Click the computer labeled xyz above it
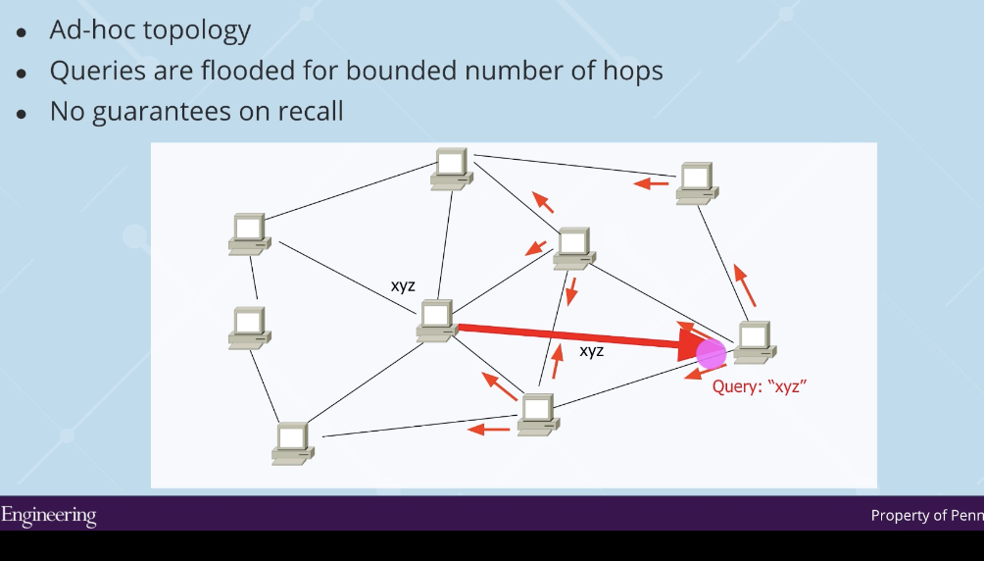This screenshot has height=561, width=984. (x=436, y=321)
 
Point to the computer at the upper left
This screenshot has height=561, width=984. (x=249, y=233)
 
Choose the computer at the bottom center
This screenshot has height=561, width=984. (x=538, y=413)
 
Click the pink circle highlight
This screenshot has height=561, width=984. (x=711, y=353)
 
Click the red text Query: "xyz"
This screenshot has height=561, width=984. (x=759, y=386)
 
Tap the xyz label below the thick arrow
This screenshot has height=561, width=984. (x=592, y=350)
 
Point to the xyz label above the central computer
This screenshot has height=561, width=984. (x=403, y=286)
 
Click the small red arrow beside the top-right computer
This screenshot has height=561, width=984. (x=651, y=182)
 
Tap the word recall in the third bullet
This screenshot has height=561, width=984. (x=309, y=111)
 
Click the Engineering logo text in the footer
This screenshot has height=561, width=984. (x=48, y=515)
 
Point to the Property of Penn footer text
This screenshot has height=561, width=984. (x=925, y=516)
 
